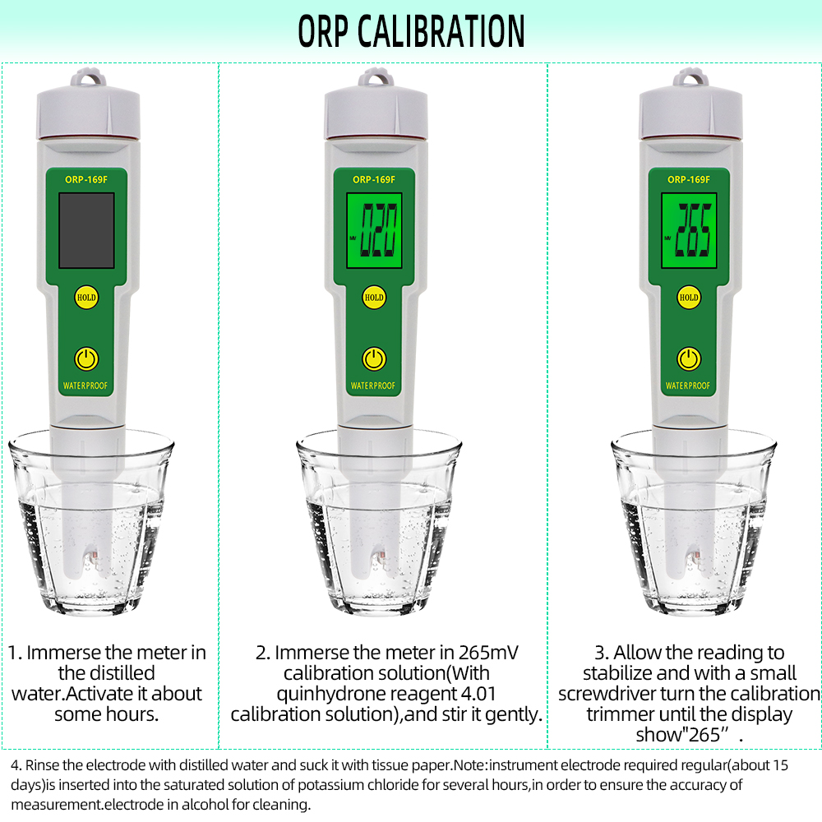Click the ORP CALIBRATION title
click(x=411, y=31)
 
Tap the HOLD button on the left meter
click(x=86, y=298)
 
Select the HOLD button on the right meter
click(x=688, y=298)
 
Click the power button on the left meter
click(x=86, y=359)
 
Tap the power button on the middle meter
click(x=374, y=359)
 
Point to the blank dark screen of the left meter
click(x=86, y=230)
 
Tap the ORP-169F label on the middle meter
click(x=374, y=180)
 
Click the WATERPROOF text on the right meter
click(x=688, y=386)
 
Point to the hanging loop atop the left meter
click(x=88, y=77)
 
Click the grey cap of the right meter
click(x=690, y=113)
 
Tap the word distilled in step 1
click(x=106, y=672)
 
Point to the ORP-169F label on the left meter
click(x=86, y=180)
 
